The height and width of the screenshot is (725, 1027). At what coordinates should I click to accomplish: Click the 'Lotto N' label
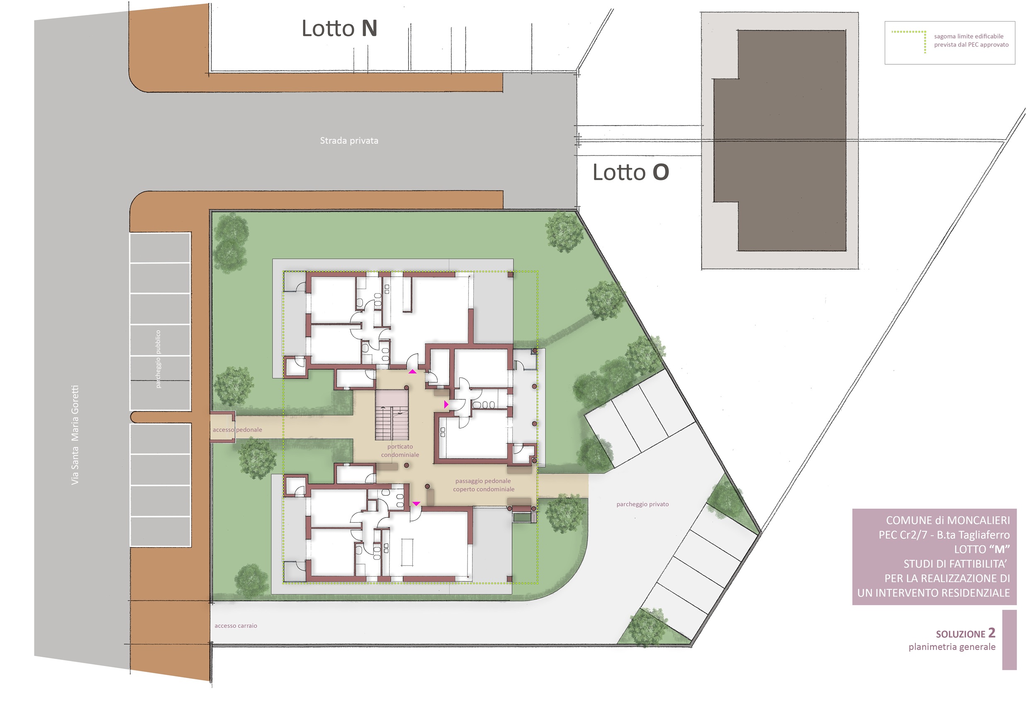(x=340, y=29)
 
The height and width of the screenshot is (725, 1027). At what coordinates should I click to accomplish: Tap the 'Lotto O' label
(x=631, y=172)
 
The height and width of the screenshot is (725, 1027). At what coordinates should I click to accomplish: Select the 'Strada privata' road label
(x=349, y=141)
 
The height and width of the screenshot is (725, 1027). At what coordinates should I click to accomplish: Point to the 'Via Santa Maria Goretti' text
(x=75, y=435)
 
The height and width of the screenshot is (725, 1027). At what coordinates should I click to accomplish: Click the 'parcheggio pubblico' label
(x=158, y=359)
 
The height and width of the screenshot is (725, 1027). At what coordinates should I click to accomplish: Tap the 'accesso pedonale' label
(x=238, y=430)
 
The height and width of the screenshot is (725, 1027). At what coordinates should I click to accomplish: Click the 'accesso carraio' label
(x=236, y=626)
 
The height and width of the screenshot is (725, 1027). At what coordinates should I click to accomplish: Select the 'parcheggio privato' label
(x=642, y=504)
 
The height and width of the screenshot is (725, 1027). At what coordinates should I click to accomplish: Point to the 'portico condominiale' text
(x=400, y=450)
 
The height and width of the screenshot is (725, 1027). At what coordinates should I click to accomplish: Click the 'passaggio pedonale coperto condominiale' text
(x=484, y=485)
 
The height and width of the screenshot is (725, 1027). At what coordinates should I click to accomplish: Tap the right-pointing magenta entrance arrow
(x=446, y=404)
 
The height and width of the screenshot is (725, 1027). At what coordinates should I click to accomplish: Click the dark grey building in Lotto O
(x=779, y=141)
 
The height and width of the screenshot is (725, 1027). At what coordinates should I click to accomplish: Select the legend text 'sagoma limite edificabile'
(x=969, y=36)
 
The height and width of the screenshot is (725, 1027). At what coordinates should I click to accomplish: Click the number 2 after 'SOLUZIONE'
(x=992, y=633)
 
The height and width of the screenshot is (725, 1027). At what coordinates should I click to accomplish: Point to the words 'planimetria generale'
(x=952, y=647)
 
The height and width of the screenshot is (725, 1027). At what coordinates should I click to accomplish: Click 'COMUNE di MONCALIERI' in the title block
(x=948, y=520)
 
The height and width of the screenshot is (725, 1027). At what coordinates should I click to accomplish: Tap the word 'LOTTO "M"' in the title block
(x=982, y=549)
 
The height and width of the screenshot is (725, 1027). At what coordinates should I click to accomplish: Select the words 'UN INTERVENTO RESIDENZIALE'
(x=934, y=593)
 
